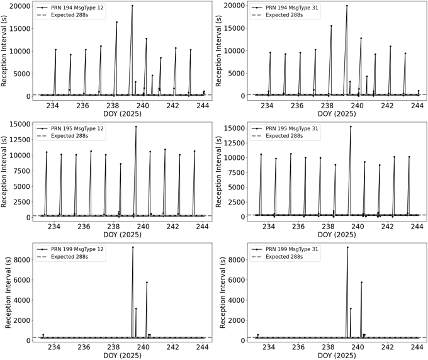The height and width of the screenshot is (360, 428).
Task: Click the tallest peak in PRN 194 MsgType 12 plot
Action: tap(132, 6)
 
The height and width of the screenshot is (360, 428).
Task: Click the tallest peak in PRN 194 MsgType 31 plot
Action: tap(347, 6)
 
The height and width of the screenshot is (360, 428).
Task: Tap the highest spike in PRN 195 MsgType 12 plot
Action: tap(135, 127)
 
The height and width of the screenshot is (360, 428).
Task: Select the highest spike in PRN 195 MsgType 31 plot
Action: tap(350, 127)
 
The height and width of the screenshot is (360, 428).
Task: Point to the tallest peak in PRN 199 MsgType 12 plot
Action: tap(132, 247)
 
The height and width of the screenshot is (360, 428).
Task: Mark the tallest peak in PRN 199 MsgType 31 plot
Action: tap(347, 247)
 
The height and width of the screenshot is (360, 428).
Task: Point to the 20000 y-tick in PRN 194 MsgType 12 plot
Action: tap(20, 6)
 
